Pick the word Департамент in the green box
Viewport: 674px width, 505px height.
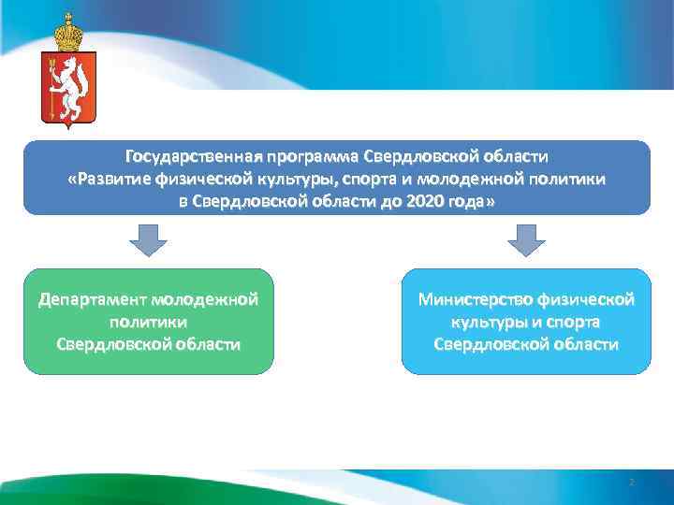coord(92,299)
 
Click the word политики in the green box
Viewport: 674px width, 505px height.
coord(148,322)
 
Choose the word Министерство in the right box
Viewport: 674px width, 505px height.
coord(475,299)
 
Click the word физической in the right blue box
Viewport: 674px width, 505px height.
coord(585,299)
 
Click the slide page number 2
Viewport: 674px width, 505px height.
coord(631,483)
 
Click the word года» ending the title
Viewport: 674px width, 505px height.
coord(474,202)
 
